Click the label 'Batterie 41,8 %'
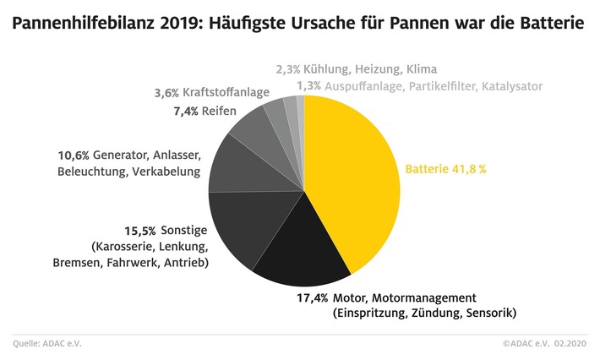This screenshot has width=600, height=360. point(446,168)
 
